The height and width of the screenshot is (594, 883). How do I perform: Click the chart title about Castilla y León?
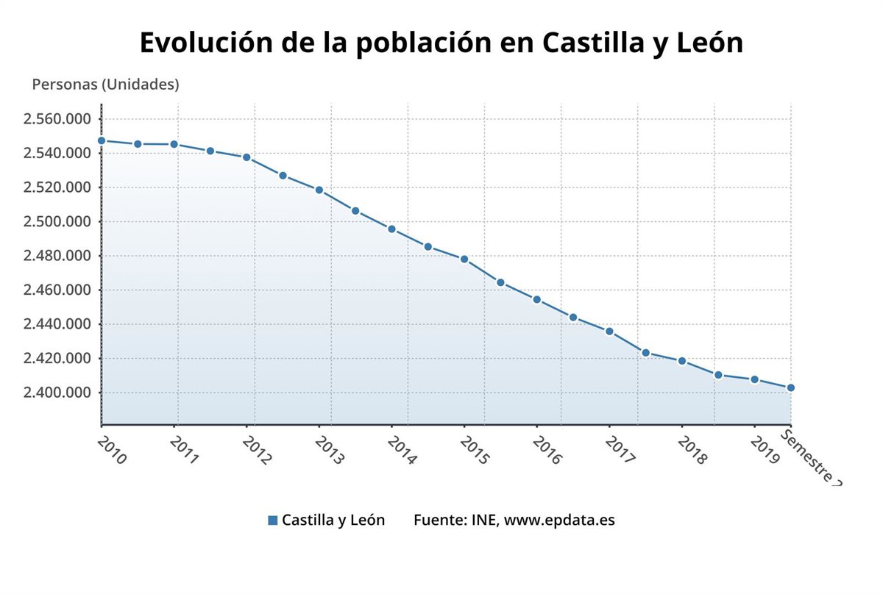click(x=441, y=43)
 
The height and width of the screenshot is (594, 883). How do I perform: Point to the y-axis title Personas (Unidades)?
click(x=105, y=85)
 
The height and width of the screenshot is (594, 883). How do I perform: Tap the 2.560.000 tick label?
click(x=57, y=119)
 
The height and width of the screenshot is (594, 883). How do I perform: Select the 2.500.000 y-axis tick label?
click(x=57, y=222)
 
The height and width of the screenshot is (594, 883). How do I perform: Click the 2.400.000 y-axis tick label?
click(x=57, y=393)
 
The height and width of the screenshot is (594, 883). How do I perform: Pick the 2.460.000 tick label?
click(x=57, y=290)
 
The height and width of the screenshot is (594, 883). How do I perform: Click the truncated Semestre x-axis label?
click(x=809, y=458)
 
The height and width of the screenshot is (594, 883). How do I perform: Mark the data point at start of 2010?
click(x=102, y=140)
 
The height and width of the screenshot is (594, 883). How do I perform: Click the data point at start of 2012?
click(x=247, y=157)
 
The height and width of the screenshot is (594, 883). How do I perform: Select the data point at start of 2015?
click(x=464, y=260)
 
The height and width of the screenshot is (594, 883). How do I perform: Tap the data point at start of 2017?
click(x=609, y=332)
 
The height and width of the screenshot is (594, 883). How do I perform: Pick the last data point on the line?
click(x=791, y=387)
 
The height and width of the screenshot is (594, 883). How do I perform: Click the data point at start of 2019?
click(x=754, y=379)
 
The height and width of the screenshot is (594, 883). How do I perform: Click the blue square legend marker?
click(x=273, y=520)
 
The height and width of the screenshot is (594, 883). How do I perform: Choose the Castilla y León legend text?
click(x=333, y=520)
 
